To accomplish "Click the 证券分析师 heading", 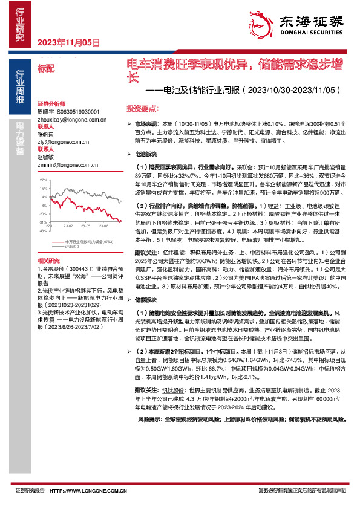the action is coord(50,105).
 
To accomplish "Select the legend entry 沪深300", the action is coord(72,247).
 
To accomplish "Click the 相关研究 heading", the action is coord(48,259).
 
